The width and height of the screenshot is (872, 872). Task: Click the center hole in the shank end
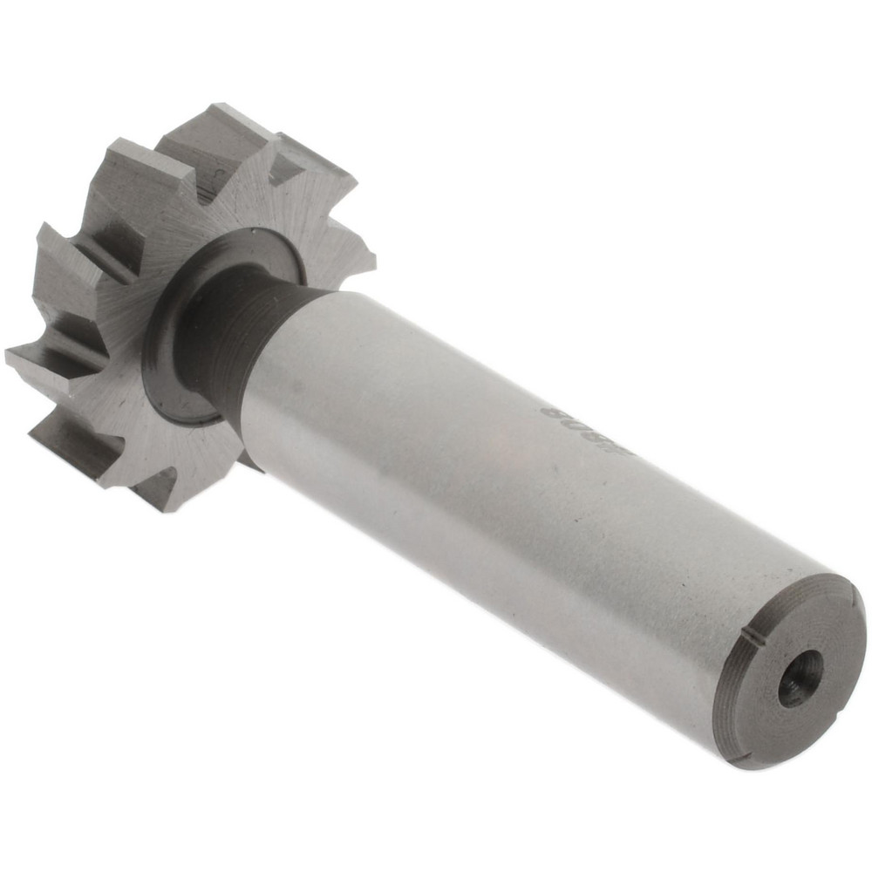pos(800,678)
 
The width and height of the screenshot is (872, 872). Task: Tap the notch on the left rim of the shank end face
pos(752,643)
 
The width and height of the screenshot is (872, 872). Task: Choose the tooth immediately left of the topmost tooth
pos(140,166)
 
